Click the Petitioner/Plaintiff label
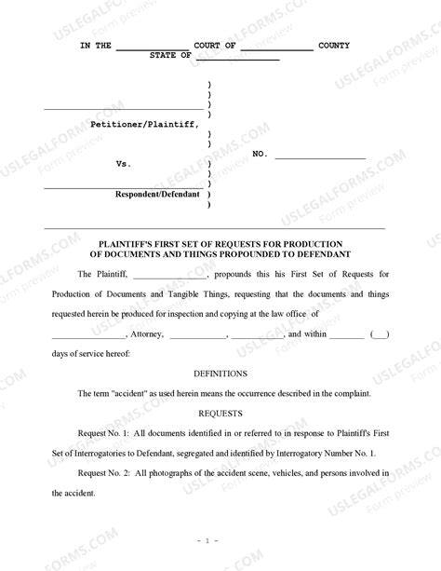(144, 124)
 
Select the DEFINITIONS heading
(220, 373)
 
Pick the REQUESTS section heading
(220, 413)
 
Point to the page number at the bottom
(220, 541)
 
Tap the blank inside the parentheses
(380, 334)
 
